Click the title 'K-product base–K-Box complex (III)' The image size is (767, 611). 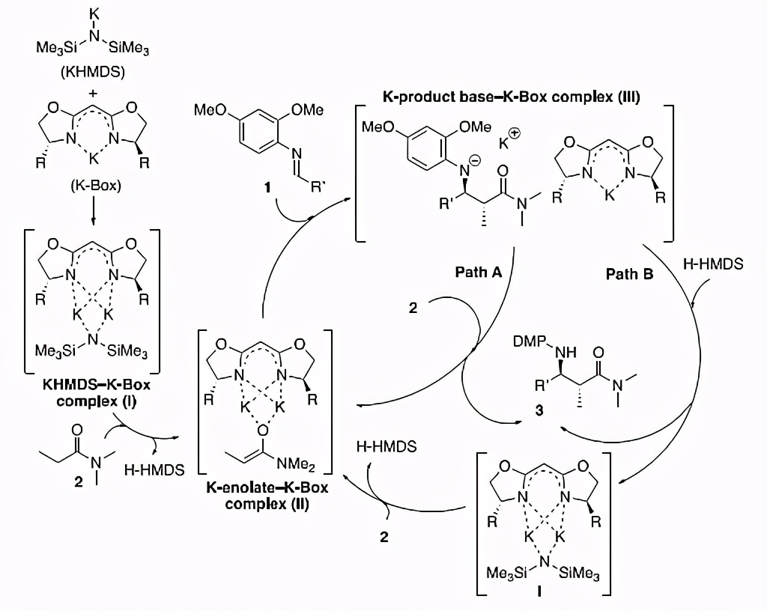[512, 97]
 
